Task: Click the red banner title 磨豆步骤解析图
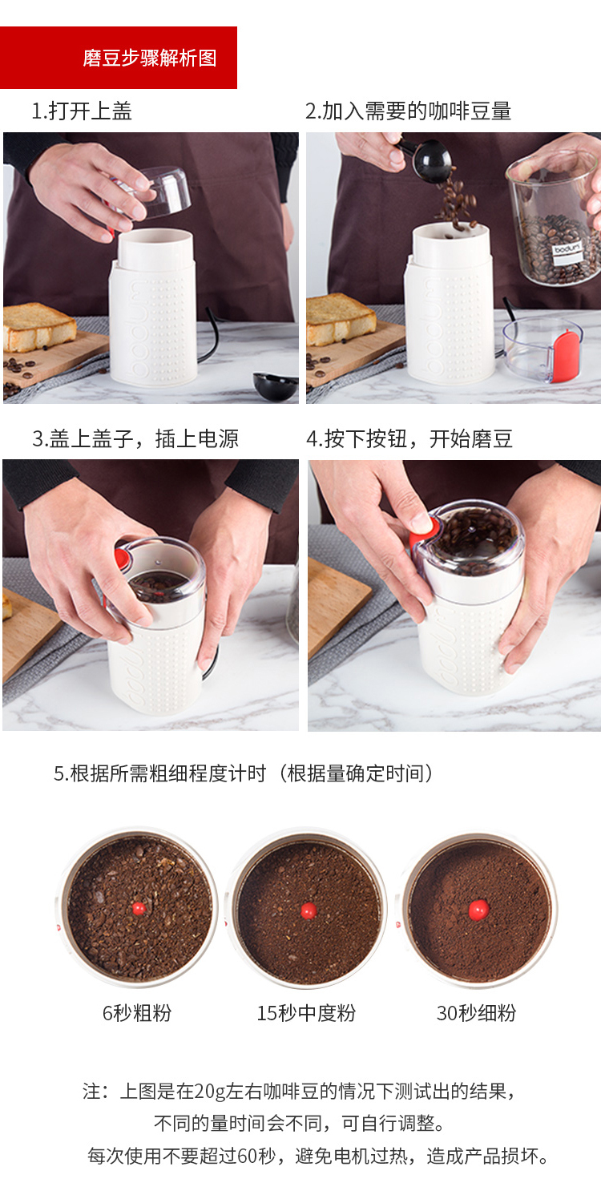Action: [150, 58]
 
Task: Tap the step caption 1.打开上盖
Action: [82, 111]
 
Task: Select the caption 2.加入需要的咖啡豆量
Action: [408, 111]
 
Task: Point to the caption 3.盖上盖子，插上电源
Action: [135, 438]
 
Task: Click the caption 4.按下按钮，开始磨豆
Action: [409, 438]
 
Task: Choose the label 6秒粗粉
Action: [137, 1013]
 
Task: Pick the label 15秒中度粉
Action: [306, 1013]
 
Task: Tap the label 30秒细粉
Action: [477, 1013]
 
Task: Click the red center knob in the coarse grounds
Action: [139, 909]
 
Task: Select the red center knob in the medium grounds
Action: [309, 910]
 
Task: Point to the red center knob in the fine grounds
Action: [478, 910]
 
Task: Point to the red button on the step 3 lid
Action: [123, 556]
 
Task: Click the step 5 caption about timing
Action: [244, 773]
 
